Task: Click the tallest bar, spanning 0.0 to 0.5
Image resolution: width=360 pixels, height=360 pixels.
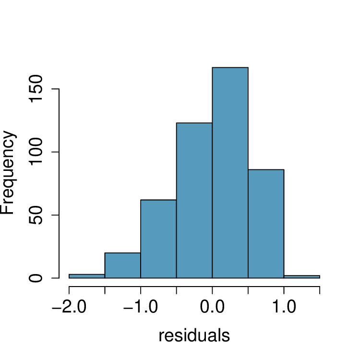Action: pyautogui.click(x=230, y=173)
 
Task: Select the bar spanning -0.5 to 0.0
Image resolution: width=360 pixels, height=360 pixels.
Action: pyautogui.click(x=194, y=201)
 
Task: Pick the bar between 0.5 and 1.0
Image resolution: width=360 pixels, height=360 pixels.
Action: pyautogui.click(x=266, y=224)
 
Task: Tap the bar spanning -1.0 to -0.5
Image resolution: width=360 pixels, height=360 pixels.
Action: pyautogui.click(x=158, y=239)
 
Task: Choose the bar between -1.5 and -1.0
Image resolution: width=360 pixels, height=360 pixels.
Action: pyautogui.click(x=122, y=265)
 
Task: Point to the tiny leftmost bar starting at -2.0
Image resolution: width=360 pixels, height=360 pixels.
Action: pyautogui.click(x=87, y=276)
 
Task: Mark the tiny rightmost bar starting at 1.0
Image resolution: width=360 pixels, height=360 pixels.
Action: pyautogui.click(x=301, y=276)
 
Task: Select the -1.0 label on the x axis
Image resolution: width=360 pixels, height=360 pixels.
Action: pyautogui.click(x=140, y=308)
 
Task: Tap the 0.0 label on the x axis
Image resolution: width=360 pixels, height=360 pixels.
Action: pyautogui.click(x=212, y=308)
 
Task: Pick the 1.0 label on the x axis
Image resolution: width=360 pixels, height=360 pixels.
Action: pyautogui.click(x=284, y=308)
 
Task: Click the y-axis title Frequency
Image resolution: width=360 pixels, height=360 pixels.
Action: pyautogui.click(x=9, y=173)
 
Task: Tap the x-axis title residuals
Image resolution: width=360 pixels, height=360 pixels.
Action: pyautogui.click(x=194, y=336)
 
